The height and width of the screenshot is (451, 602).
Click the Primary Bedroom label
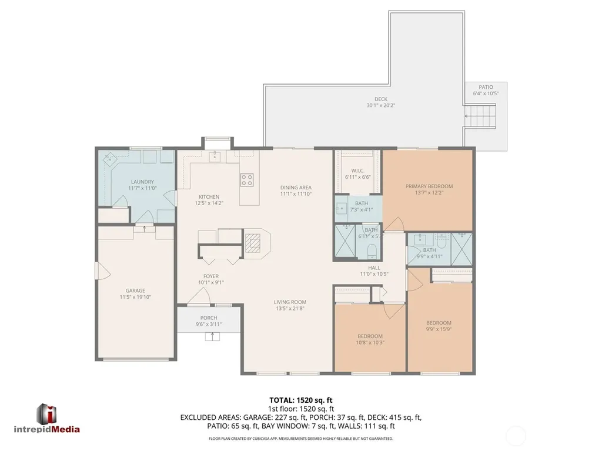(x=429, y=186)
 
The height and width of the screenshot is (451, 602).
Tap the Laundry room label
(x=142, y=182)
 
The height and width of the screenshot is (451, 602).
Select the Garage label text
(x=135, y=291)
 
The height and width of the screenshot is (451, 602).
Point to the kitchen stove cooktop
(x=247, y=180)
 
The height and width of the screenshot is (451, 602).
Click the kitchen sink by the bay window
(x=214, y=157)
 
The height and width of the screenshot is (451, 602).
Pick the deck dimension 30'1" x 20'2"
(x=381, y=105)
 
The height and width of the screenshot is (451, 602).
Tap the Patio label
(x=486, y=87)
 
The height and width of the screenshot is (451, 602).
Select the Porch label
(x=209, y=318)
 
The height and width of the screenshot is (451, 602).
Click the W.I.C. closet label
(x=358, y=171)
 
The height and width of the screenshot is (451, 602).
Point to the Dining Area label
(x=296, y=188)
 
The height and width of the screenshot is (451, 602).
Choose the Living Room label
(x=290, y=302)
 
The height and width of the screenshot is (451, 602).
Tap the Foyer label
(x=211, y=276)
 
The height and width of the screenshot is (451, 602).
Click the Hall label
(x=374, y=268)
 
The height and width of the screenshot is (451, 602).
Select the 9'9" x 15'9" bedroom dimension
(x=439, y=329)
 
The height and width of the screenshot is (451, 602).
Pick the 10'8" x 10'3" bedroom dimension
(x=370, y=343)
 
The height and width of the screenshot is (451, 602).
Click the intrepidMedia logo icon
(x=46, y=414)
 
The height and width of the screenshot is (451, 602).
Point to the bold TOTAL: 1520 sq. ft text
(x=300, y=400)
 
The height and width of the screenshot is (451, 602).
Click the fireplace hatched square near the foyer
(x=253, y=243)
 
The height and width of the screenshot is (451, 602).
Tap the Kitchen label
(x=209, y=197)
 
